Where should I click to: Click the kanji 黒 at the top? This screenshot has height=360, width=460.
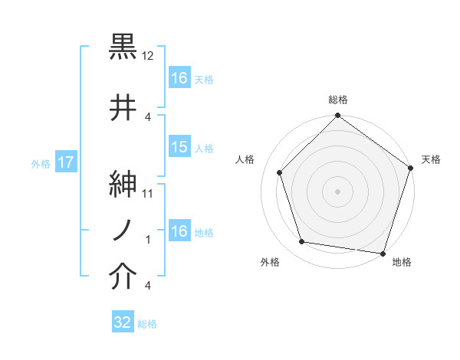[123, 47]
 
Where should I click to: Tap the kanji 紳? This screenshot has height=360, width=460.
[123, 184]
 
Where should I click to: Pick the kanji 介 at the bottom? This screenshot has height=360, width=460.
[123, 277]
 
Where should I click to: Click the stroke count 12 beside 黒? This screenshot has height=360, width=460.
[149, 56]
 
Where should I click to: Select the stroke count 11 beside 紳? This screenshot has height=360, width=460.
[149, 193]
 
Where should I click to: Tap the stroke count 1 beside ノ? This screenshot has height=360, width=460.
[149, 240]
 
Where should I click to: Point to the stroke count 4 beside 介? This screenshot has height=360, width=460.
[147, 286]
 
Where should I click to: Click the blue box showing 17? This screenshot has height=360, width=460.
[65, 163]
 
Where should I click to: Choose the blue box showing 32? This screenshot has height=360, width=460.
[123, 322]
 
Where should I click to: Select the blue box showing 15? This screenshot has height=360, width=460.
[179, 147]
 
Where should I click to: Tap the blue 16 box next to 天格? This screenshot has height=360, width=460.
[179, 77]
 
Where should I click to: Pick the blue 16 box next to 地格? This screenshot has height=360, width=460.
[179, 231]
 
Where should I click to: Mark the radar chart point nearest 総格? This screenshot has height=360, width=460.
[337, 116]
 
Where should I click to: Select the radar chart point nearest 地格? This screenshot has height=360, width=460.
[383, 253]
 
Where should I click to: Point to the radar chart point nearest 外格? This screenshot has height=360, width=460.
[302, 242]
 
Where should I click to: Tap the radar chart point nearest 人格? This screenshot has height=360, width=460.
[280, 172]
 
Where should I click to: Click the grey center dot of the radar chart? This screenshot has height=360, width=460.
[337, 191]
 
